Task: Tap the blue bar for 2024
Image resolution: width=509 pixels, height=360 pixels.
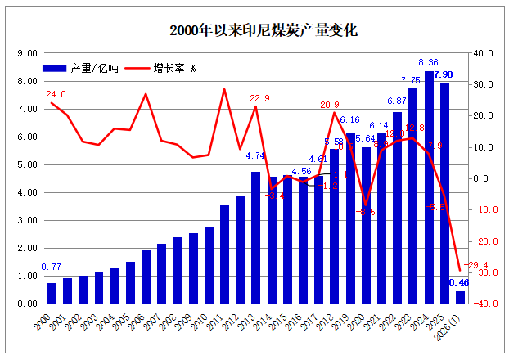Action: tap(429, 187)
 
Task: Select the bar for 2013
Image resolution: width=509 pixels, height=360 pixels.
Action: tap(255, 237)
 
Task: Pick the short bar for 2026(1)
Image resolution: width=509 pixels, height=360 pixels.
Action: tap(460, 297)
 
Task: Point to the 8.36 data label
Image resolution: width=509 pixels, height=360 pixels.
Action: tap(428, 62)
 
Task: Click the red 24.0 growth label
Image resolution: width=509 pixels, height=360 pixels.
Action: tap(56, 95)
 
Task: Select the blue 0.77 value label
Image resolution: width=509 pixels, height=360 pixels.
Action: tap(52, 267)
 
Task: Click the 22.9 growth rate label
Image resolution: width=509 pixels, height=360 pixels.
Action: tap(259, 98)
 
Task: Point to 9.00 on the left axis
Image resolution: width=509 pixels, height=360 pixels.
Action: tap(27, 53)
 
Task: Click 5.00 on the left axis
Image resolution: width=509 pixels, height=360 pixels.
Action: tap(27, 164)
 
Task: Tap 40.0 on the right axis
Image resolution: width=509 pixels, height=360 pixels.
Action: tap(485, 53)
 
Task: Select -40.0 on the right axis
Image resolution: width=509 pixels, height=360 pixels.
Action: tap(484, 304)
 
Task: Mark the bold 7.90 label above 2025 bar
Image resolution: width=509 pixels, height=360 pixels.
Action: tap(444, 75)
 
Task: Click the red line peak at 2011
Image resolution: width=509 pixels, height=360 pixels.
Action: tap(224, 89)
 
